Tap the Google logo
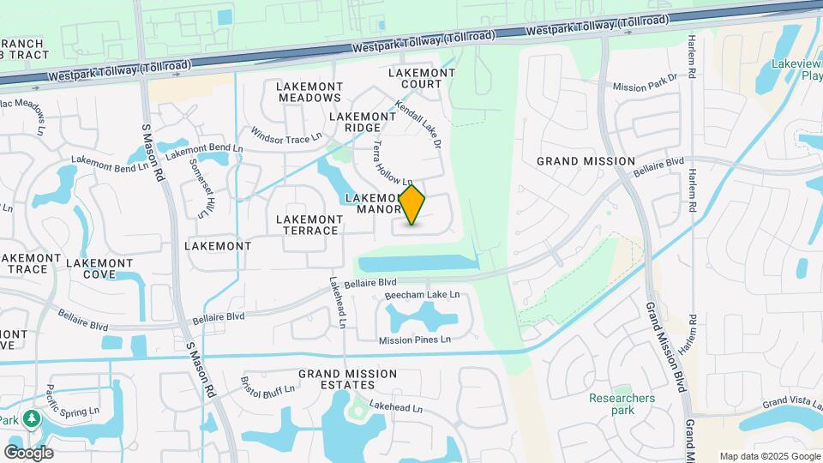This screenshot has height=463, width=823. (28, 452)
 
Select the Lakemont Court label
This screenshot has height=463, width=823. (421, 78)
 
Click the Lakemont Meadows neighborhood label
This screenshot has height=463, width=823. (310, 92)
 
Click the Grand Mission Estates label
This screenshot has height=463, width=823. (347, 380)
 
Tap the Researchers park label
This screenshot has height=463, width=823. (622, 404)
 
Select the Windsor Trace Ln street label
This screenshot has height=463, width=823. (285, 135)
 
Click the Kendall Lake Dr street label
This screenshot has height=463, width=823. (418, 125)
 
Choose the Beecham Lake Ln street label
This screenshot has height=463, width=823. (422, 295)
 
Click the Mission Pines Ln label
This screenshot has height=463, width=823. (415, 340)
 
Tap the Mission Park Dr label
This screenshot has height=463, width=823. (646, 83)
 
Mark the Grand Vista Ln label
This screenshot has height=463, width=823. (793, 400)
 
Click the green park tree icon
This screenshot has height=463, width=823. (33, 418)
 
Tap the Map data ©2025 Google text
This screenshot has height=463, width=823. (769, 456)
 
